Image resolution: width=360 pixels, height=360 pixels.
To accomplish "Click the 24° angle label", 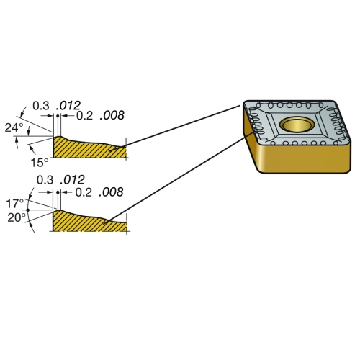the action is [14, 127].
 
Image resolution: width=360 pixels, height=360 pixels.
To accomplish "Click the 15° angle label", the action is [40, 163].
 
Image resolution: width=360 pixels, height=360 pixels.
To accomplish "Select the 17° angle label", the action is [15, 204].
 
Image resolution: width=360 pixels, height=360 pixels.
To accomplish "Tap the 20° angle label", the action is [17, 217].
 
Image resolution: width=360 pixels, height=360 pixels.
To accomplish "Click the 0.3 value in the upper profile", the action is [41, 106].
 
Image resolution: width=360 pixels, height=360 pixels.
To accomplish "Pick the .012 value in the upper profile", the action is [68, 105].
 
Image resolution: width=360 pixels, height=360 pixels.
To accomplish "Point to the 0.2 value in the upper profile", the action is [84, 115].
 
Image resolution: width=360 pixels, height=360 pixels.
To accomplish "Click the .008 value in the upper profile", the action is [112, 115].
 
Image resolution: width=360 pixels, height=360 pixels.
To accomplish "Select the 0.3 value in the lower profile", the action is [45, 180].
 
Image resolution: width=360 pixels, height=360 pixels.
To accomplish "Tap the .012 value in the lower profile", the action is [72, 179].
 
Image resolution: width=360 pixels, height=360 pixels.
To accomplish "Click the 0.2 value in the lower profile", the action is [84, 192].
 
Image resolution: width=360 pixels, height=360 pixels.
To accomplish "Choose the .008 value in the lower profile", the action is [111, 192].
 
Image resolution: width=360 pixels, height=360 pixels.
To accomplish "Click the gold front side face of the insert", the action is [305, 157].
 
